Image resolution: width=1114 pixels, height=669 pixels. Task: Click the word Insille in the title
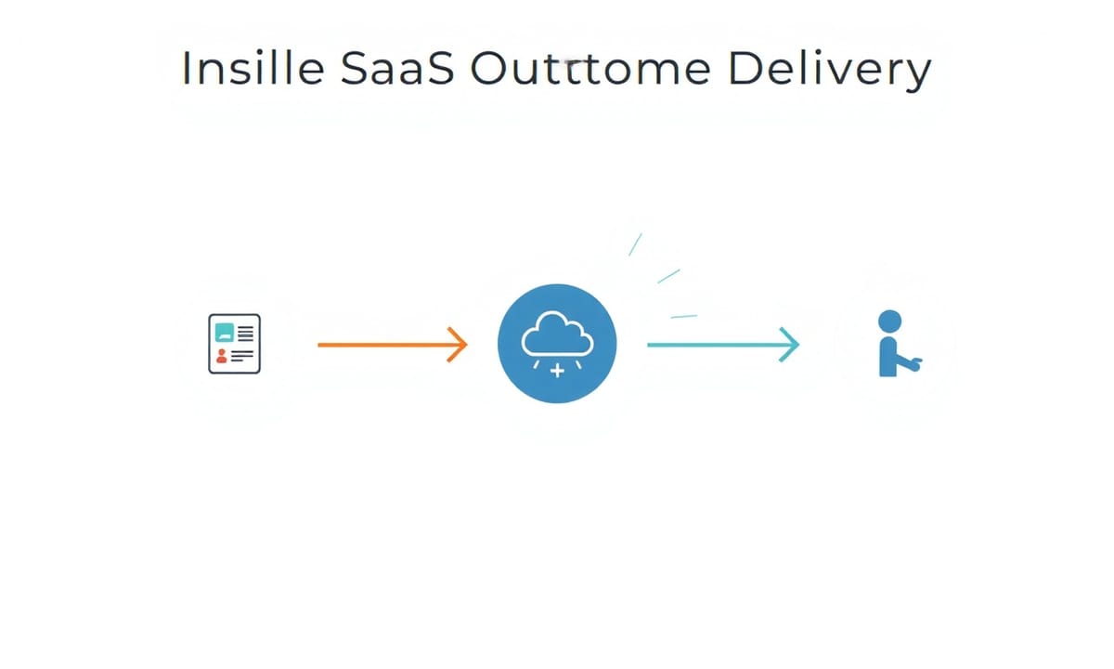[x=253, y=68]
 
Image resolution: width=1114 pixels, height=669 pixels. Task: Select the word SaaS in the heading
[x=397, y=68]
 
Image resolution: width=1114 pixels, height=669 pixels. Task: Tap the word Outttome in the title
[x=590, y=68]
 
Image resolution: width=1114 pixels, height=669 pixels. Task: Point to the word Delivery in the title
[x=830, y=70]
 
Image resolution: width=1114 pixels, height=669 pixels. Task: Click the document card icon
[x=234, y=344]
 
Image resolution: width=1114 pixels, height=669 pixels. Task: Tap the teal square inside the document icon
[x=225, y=333]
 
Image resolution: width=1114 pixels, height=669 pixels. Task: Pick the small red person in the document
[x=222, y=355]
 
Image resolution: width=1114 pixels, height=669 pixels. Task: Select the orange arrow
[x=393, y=345]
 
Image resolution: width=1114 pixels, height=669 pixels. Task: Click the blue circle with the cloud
[x=557, y=344]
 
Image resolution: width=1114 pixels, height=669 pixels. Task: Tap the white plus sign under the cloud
[x=558, y=371]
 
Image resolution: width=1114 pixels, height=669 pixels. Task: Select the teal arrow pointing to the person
[x=723, y=345]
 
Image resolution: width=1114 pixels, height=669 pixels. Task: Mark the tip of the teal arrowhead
[x=799, y=345]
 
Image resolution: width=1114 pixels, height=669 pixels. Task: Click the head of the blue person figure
[x=889, y=321]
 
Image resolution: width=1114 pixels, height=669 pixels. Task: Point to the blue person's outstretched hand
[x=916, y=363]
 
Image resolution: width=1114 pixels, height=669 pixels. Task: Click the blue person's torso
[x=888, y=357]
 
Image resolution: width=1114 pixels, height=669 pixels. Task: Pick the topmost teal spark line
[x=635, y=244]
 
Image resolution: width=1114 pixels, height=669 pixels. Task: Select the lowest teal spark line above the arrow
[x=684, y=316]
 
